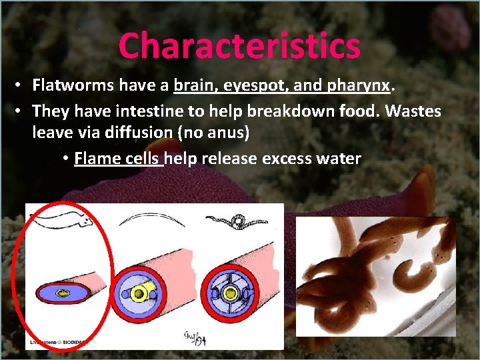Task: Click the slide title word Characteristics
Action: pyautogui.click(x=239, y=46)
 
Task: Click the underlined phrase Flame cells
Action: pyautogui.click(x=119, y=159)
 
